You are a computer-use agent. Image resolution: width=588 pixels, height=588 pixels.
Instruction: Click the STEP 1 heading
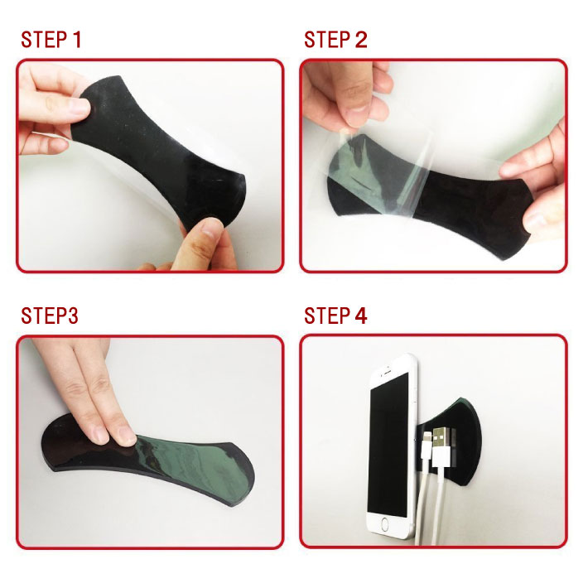click(x=51, y=40)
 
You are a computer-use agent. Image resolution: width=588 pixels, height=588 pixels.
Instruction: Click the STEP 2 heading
click(x=335, y=40)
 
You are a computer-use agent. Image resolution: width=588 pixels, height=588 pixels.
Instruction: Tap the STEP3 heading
click(x=50, y=316)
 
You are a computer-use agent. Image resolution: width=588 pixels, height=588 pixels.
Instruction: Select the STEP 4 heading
click(x=335, y=316)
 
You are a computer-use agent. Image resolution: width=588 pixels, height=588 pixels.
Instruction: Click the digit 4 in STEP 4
click(x=361, y=316)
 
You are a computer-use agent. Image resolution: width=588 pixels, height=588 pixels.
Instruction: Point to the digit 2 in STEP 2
click(x=361, y=40)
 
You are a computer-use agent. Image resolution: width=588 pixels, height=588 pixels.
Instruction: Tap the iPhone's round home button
click(x=385, y=524)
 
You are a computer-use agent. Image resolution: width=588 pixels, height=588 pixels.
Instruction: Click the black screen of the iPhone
click(x=388, y=445)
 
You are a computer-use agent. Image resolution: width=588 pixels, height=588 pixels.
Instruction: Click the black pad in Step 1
click(x=157, y=150)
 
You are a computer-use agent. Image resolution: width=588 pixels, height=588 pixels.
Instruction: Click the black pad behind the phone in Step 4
click(x=452, y=442)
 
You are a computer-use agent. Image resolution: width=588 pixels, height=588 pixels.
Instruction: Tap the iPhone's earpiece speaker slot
click(x=388, y=374)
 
